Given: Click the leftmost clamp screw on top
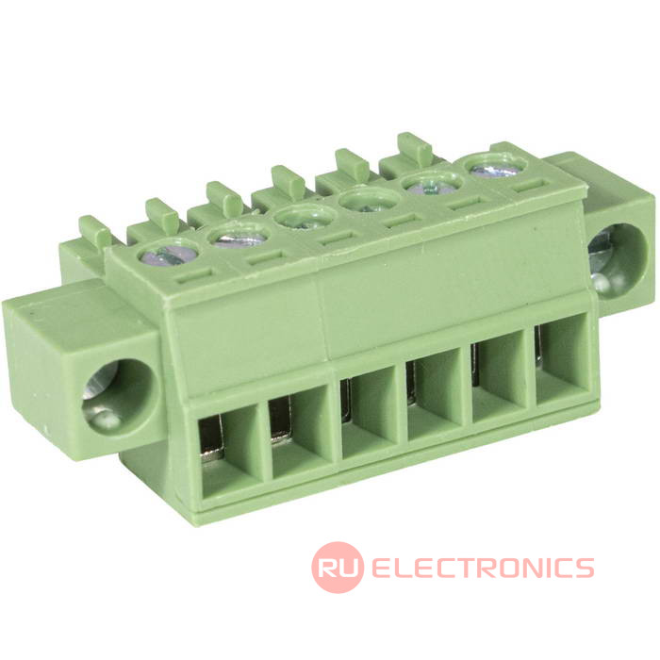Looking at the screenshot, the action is pyautogui.click(x=168, y=256).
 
